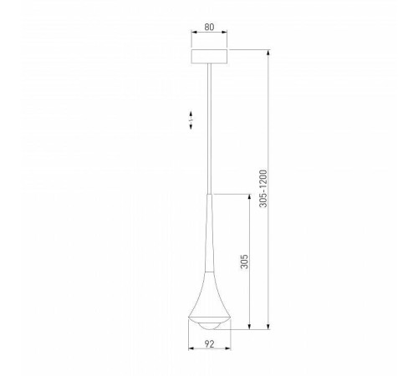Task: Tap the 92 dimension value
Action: (209, 343)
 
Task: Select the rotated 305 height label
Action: (241, 262)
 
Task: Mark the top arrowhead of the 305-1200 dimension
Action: (268, 52)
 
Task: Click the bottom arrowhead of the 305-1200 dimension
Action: (268, 328)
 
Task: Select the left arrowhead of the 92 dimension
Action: (191, 352)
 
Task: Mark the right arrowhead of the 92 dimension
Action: (227, 352)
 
